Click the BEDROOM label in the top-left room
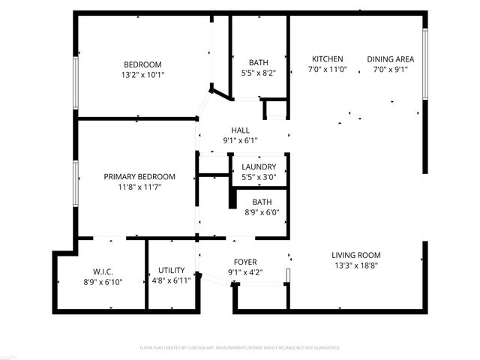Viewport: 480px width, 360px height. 142,64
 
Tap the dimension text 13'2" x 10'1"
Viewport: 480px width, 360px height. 142,75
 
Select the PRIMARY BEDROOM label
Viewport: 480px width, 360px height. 139,176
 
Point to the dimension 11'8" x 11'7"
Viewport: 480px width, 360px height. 139,187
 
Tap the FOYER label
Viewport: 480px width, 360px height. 245,262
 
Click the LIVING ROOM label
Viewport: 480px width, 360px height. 356,255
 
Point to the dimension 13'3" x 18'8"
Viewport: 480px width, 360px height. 356,265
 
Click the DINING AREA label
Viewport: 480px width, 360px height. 390,59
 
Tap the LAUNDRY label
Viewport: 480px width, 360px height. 259,166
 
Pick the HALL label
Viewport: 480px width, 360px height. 240,130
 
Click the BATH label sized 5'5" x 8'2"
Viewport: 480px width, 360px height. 259,63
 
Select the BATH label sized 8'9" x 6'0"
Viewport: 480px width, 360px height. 262,202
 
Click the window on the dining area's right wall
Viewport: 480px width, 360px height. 424,64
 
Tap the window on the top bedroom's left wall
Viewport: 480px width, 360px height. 75,81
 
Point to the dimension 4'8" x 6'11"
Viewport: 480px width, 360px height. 172,280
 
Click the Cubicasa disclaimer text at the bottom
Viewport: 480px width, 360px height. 240,348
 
